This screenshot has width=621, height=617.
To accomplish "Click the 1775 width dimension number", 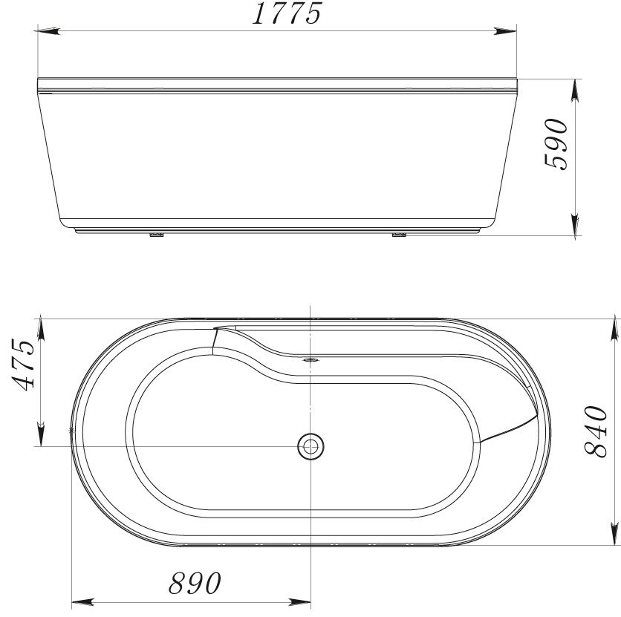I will [x=286, y=15].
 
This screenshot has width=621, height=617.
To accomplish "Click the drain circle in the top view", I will [x=310, y=446].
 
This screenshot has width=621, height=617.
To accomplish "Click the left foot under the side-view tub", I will [x=156, y=237].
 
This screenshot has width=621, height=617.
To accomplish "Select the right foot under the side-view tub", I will [x=398, y=237].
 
